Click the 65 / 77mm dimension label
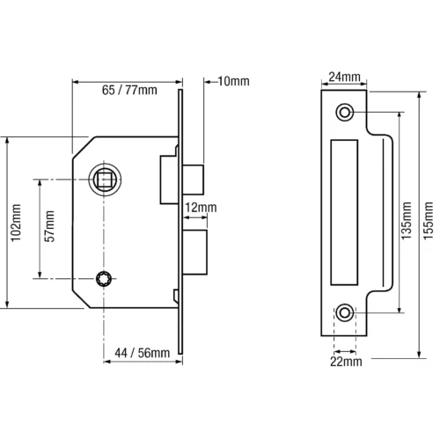(x=129, y=90)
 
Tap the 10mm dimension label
(x=233, y=81)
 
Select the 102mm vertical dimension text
(x=16, y=223)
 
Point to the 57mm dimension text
(x=49, y=226)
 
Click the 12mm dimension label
(x=201, y=208)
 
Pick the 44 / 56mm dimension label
(x=143, y=353)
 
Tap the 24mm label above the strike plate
(x=344, y=77)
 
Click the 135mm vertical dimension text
(x=407, y=220)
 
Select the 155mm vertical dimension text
(x=429, y=220)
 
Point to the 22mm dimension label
(x=346, y=362)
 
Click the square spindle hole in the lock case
(x=104, y=179)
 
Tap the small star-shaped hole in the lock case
(x=104, y=278)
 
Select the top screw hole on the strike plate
(x=344, y=112)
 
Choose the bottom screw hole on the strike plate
(x=344, y=312)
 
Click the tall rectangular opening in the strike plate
(x=344, y=212)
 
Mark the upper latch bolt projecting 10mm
(x=193, y=180)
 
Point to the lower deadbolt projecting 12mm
(x=194, y=253)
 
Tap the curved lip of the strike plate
(x=392, y=212)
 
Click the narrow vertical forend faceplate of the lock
(x=180, y=222)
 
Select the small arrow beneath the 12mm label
(x=194, y=217)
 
